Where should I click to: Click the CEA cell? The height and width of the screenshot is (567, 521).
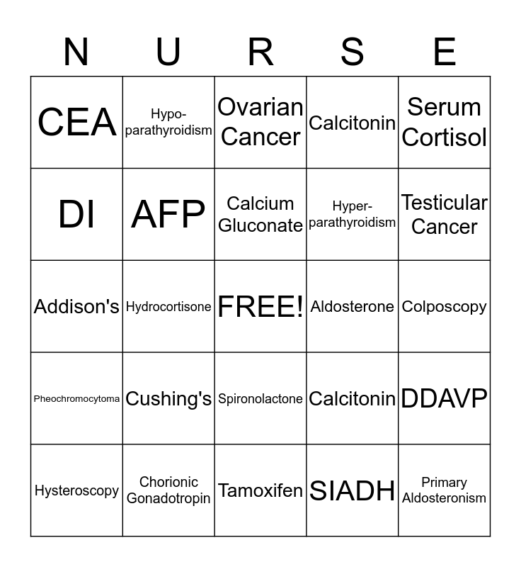coord(76,122)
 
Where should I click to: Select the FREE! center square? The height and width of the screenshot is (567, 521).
coord(260,306)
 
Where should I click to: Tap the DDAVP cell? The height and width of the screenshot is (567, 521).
coord(444,398)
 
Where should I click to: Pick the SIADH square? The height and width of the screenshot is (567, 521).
coord(353,490)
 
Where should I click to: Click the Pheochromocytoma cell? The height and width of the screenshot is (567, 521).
coord(76,398)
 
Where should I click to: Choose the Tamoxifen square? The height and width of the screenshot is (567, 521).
coord(260,490)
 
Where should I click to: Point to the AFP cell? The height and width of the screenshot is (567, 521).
coord(168,214)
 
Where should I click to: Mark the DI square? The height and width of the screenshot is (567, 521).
coord(76,214)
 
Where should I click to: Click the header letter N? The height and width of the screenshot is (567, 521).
coord(76,52)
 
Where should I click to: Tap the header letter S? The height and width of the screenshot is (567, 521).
coord(353,52)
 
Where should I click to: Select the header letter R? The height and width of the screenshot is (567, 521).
coord(260,52)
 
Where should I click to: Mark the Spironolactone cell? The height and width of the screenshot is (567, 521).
coord(260,398)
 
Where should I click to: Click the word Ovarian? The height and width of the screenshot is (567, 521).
coord(260,107)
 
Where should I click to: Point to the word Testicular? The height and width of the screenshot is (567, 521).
coord(444,203)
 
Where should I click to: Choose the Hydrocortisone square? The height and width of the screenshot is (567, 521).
coord(168,306)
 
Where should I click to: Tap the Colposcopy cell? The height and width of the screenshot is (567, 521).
coord(444,306)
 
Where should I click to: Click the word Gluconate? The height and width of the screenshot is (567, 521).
coord(260,225)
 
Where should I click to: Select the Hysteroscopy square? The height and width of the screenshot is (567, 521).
coord(76,490)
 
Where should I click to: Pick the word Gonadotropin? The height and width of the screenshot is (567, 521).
coord(168,498)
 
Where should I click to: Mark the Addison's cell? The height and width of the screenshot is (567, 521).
coord(76,306)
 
